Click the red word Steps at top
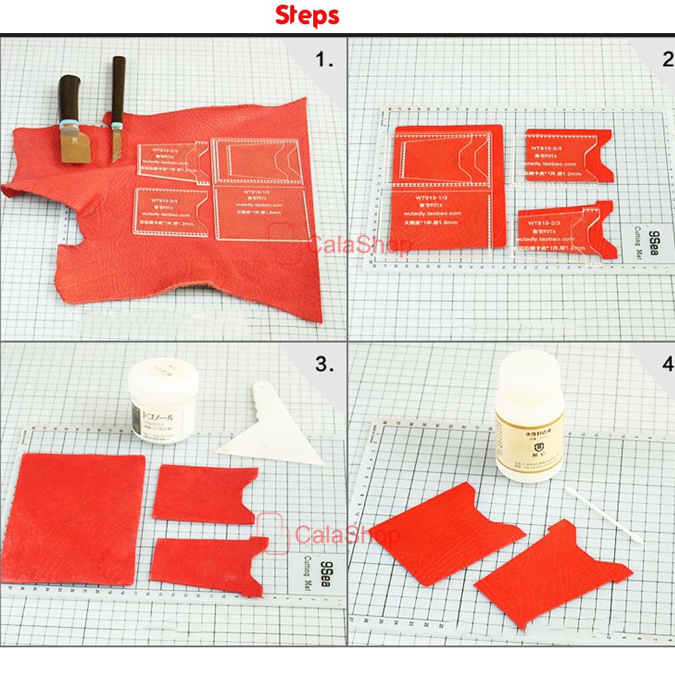pos(306,16)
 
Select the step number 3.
pos(324,364)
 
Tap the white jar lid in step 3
pos(163,375)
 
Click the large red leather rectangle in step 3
pos(79,516)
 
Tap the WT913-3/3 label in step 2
pos(548,147)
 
